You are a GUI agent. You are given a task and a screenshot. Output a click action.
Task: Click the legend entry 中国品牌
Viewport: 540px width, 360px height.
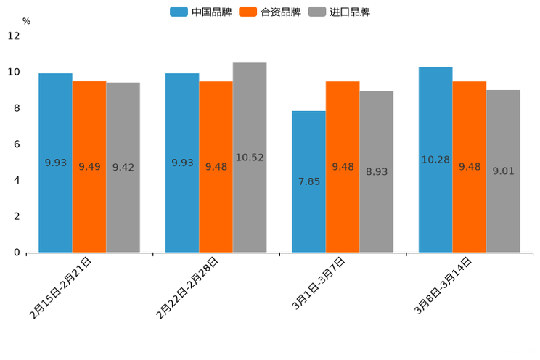[200, 12]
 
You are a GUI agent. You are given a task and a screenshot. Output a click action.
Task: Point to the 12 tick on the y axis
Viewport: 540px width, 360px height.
[14, 36]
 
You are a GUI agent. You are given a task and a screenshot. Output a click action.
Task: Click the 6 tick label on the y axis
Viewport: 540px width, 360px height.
[17, 144]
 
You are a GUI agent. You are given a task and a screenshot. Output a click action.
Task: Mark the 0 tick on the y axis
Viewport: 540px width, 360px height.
[17, 253]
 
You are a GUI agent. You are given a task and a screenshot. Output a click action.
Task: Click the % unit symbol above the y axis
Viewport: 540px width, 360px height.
[26, 21]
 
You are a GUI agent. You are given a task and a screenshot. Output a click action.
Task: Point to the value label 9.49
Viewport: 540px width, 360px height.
[89, 167]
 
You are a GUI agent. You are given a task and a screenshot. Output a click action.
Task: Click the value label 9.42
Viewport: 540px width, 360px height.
[123, 168]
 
